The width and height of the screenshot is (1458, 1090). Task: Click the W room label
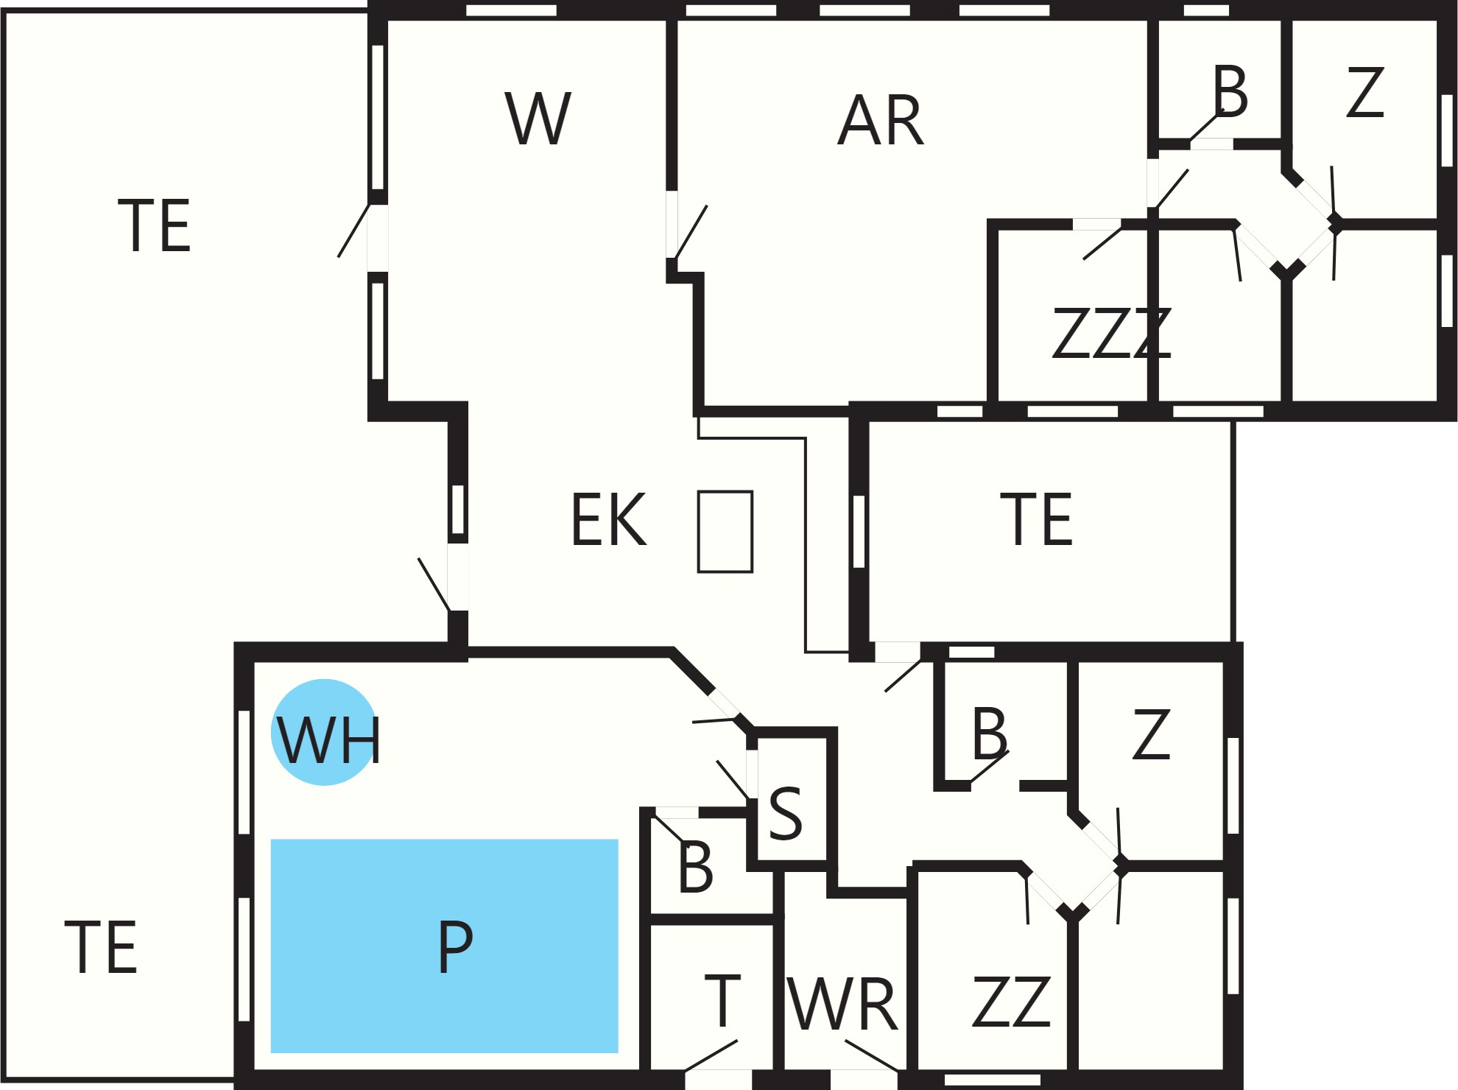(538, 118)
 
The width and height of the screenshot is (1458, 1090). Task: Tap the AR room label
(881, 121)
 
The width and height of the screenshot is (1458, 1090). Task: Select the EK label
(609, 519)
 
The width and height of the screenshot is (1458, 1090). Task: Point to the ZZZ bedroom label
(1112, 333)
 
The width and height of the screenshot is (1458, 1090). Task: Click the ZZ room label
(1012, 1002)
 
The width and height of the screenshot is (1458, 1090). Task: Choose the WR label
(842, 1004)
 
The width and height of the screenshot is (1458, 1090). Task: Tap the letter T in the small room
(722, 1000)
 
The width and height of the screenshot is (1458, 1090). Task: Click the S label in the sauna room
(785, 813)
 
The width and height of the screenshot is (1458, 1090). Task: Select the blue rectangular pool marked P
(445, 946)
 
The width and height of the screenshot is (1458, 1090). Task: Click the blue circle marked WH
(325, 732)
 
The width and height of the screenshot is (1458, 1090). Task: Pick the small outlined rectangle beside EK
(725, 531)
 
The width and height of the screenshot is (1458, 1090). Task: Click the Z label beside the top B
(1365, 92)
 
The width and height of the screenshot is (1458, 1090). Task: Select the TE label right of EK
(1037, 519)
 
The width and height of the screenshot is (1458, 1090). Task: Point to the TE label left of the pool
(101, 946)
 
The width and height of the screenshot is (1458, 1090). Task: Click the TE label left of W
(155, 225)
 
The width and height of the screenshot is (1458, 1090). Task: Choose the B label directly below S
(696, 867)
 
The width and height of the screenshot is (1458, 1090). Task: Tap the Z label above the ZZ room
(1152, 734)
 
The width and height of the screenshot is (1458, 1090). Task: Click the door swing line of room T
(711, 1055)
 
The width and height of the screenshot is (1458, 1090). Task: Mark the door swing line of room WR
(872, 1055)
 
